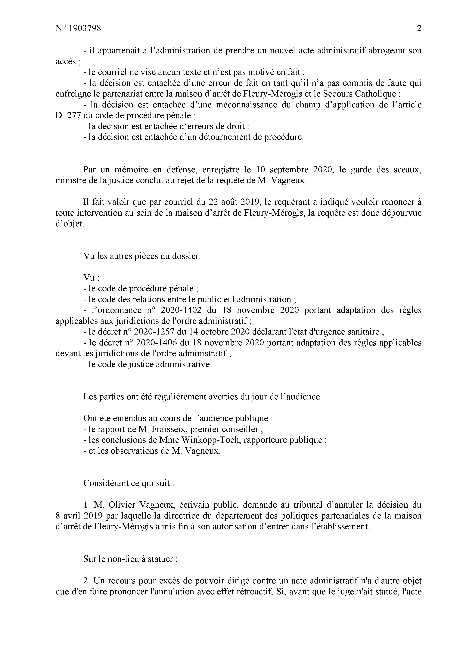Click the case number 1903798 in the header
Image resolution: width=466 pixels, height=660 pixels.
85,28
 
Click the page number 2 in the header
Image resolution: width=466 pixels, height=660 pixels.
419,28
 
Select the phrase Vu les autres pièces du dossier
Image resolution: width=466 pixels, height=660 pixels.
142,256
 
